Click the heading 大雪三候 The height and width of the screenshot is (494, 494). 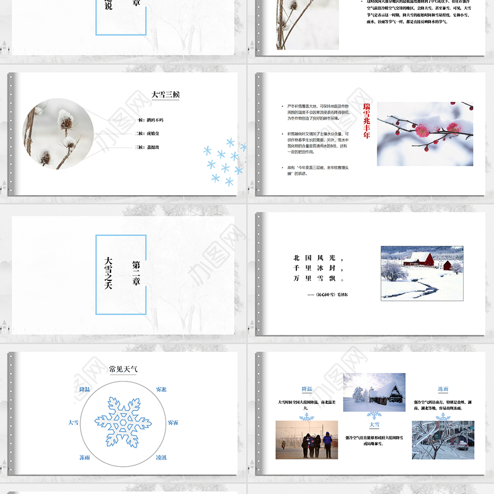coord(165,95)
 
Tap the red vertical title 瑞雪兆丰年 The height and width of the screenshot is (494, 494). coord(366,121)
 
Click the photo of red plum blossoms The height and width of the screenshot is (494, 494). coord(425,133)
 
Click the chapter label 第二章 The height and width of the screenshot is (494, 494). coord(136,272)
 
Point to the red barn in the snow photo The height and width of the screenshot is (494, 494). coord(419,259)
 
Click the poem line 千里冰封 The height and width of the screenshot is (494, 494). coord(318,268)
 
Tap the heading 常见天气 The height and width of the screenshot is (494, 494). coord(124,369)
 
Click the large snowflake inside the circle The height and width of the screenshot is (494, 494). coord(123,422)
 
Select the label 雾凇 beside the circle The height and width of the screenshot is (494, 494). coord(161,389)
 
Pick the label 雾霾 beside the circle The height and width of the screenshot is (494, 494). coord(174,422)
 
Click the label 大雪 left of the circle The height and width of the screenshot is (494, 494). coord(73,422)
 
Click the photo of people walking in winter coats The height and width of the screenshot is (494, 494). coord(306,440)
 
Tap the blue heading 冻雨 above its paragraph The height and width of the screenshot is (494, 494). coord(443,389)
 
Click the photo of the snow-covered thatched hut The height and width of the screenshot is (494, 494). coord(374,392)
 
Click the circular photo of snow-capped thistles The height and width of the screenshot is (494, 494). coord(58,133)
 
